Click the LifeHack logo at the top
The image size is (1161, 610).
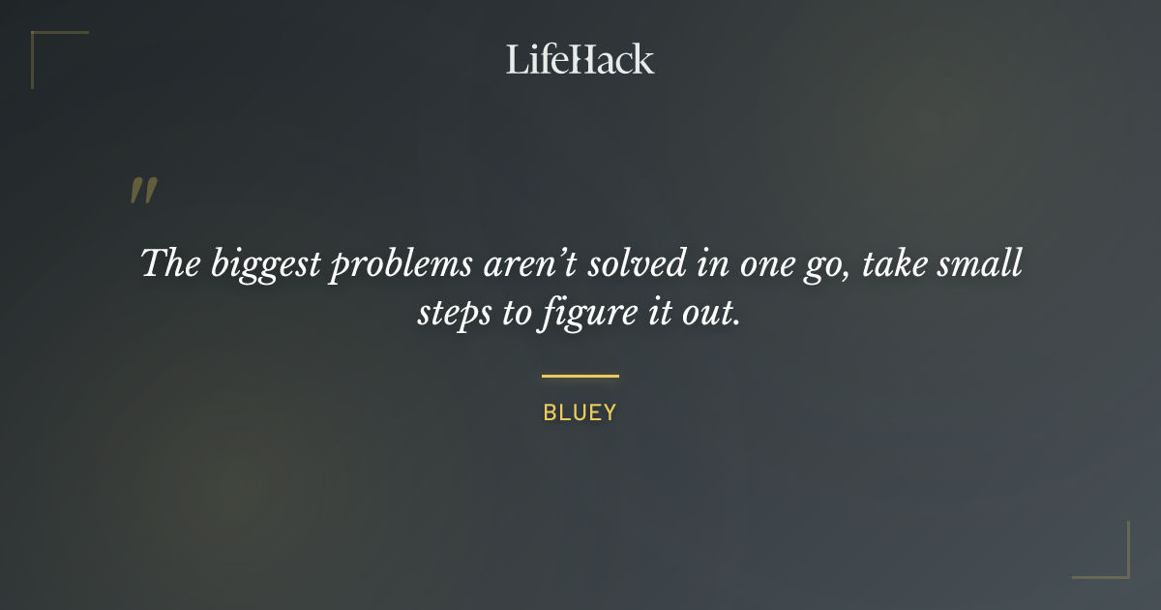coord(580,59)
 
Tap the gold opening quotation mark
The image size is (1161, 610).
coord(142,191)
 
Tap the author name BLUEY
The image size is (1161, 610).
coord(580,412)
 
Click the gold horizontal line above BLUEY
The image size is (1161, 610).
coord(580,376)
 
